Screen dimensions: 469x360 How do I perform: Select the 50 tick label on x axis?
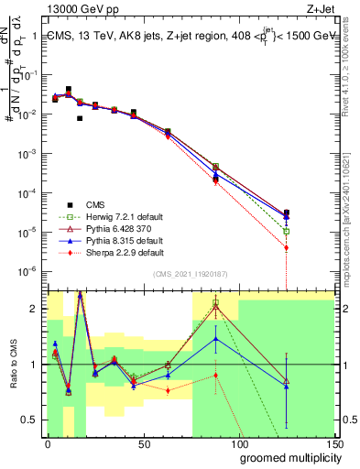[x=143, y=443]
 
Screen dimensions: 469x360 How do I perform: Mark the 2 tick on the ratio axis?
[x=35, y=309]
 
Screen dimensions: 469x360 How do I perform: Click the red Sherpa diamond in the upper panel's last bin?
[x=287, y=247]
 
